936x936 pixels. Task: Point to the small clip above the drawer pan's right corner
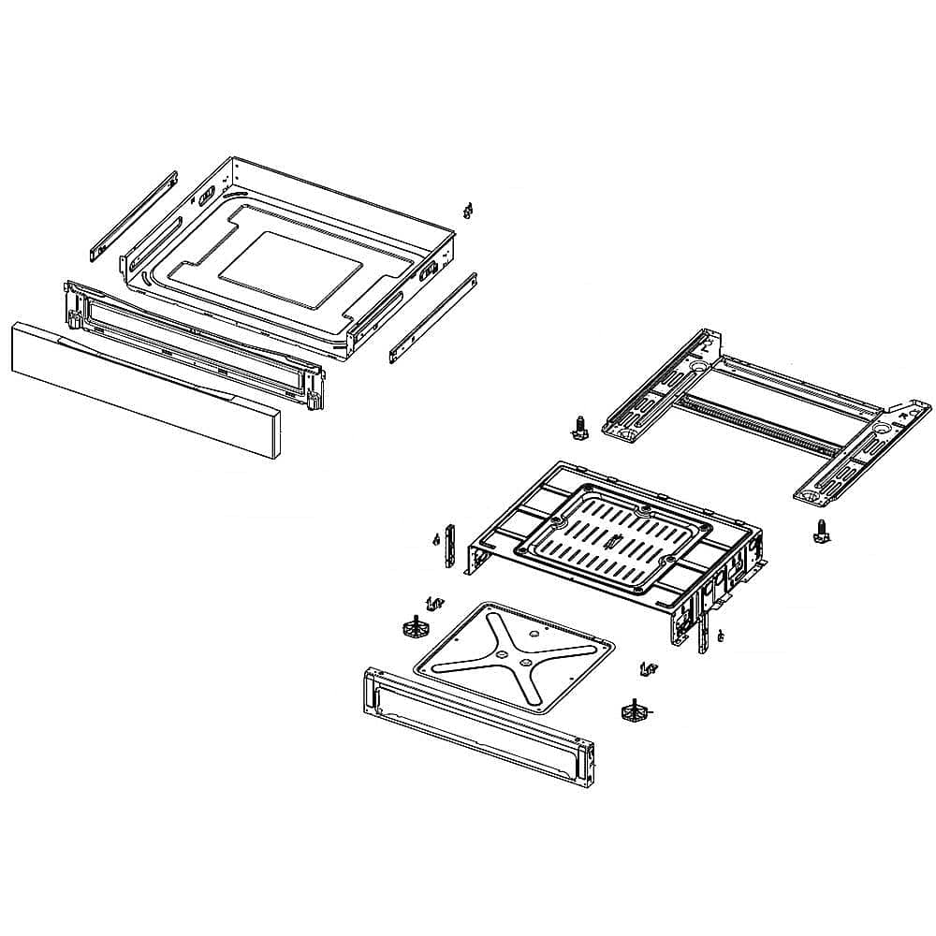coord(467,210)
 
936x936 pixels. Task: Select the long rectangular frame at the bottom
coord(477,721)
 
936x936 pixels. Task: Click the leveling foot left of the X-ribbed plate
coord(412,626)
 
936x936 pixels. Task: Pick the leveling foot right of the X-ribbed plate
coord(634,710)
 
